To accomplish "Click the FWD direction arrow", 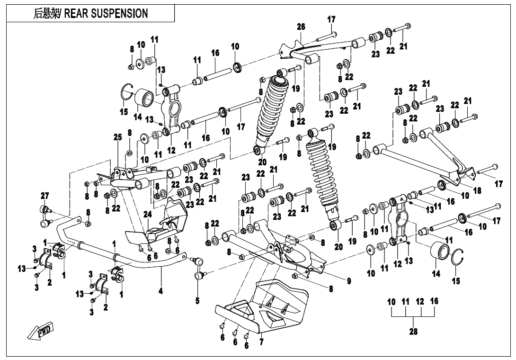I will [42, 330].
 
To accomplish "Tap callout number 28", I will [413, 332].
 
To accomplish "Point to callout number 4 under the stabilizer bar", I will [161, 291].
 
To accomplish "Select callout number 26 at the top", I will [301, 27].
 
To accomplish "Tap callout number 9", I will [348, 281].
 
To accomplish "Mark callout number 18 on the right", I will [477, 190].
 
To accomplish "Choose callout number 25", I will [117, 137].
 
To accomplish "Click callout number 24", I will [148, 214].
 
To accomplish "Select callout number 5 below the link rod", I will [197, 300].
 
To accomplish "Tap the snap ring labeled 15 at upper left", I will [126, 92].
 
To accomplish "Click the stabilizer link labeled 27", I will [46, 213].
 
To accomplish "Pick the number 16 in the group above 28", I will [434, 301].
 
